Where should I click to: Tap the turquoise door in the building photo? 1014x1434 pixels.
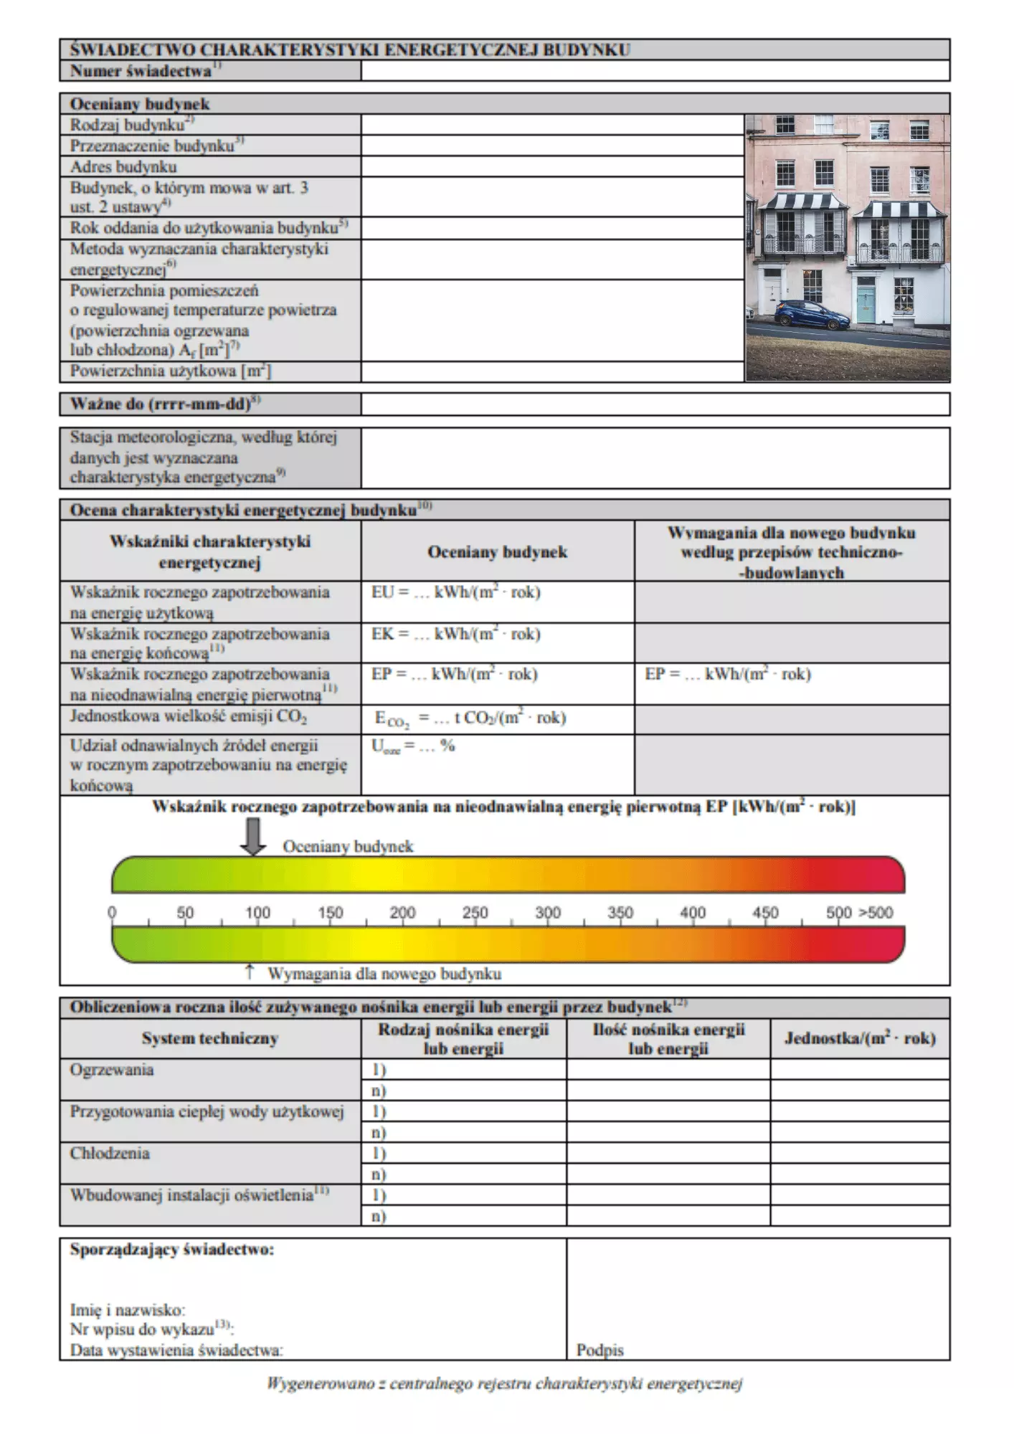pyautogui.click(x=866, y=304)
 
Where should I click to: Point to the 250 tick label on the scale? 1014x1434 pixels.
pyautogui.click(x=475, y=913)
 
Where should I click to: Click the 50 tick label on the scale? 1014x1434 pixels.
pyautogui.click(x=185, y=913)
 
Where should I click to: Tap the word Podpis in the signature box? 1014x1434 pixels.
pyautogui.click(x=600, y=1350)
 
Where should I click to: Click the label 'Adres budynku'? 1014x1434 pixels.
pyautogui.click(x=123, y=167)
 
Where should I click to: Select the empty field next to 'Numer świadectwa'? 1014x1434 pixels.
pyautogui.click(x=655, y=70)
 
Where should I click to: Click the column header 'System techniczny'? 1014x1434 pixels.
pyautogui.click(x=209, y=1038)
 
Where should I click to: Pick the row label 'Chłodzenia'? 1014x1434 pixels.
pyautogui.click(x=110, y=1153)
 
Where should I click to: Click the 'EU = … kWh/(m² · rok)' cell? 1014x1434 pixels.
pyautogui.click(x=456, y=593)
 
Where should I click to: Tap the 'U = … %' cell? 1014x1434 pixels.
pyautogui.click(x=413, y=746)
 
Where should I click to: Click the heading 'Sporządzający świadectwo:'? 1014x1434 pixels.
pyautogui.click(x=172, y=1250)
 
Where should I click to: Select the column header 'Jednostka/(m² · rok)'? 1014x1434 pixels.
pyautogui.click(x=859, y=1038)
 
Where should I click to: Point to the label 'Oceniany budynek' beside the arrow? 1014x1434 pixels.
pyautogui.click(x=348, y=847)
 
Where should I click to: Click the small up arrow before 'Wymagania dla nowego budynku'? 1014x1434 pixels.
pyautogui.click(x=250, y=972)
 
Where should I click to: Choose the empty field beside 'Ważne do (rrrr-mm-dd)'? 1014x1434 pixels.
pyautogui.click(x=655, y=404)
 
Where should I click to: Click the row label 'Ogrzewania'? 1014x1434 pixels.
pyautogui.click(x=112, y=1070)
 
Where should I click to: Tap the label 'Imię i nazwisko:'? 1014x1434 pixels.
pyautogui.click(x=128, y=1310)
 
